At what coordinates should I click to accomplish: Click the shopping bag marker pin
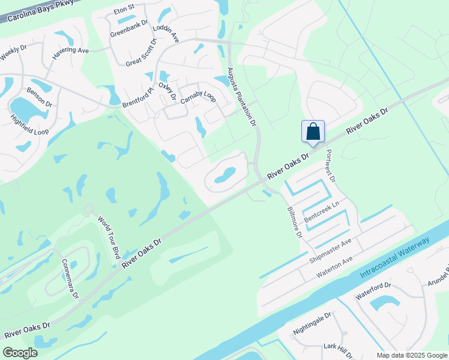pos(313,132)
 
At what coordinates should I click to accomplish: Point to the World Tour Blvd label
pos(108,238)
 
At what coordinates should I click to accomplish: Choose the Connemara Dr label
pos(70,279)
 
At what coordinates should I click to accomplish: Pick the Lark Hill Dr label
pos(340,351)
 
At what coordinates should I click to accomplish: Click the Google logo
pos(20,352)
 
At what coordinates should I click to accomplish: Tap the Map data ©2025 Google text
pos(412,355)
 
